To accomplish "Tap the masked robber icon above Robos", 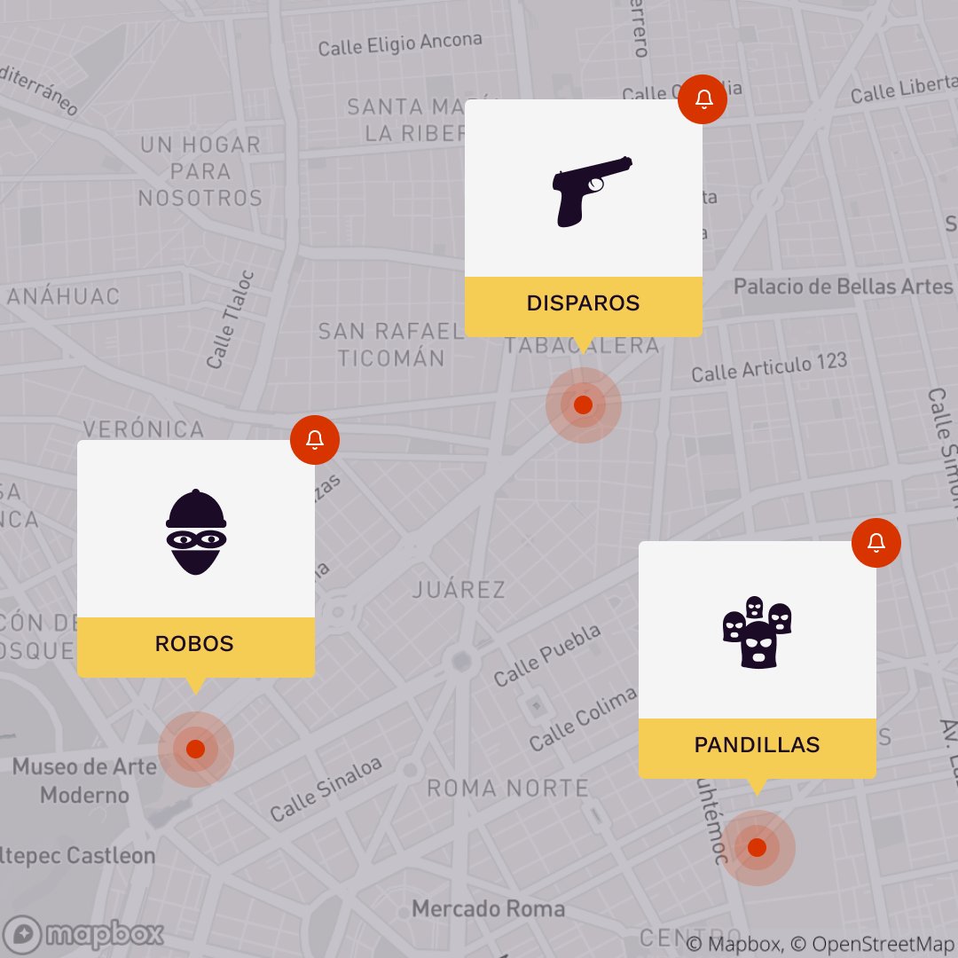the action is pos(196,532).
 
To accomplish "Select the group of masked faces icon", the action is pos(757,632).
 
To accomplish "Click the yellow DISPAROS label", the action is pos(583,304).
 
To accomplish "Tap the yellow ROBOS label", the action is pos(195,645).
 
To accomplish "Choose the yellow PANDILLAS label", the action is pos(757,746).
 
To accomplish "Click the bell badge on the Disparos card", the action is pos(703,99).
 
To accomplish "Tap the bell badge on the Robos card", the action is pos(315,440).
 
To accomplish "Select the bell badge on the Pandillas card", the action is pos(876,543).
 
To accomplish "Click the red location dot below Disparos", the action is pos(583,405).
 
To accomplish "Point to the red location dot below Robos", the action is pos(196,750).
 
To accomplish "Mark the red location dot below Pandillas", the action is pos(757,848).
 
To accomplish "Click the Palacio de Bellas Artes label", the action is pos(843,287).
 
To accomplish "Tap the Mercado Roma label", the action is pos(488,909).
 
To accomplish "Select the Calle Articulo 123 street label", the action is pos(769,367).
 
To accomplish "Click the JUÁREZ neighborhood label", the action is pos(459,590).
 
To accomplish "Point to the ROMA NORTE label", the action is pos(507,789).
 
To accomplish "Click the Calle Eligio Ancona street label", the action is pos(400,43).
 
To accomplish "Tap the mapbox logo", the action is pos(89,933).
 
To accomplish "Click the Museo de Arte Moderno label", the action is pos(84,781).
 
